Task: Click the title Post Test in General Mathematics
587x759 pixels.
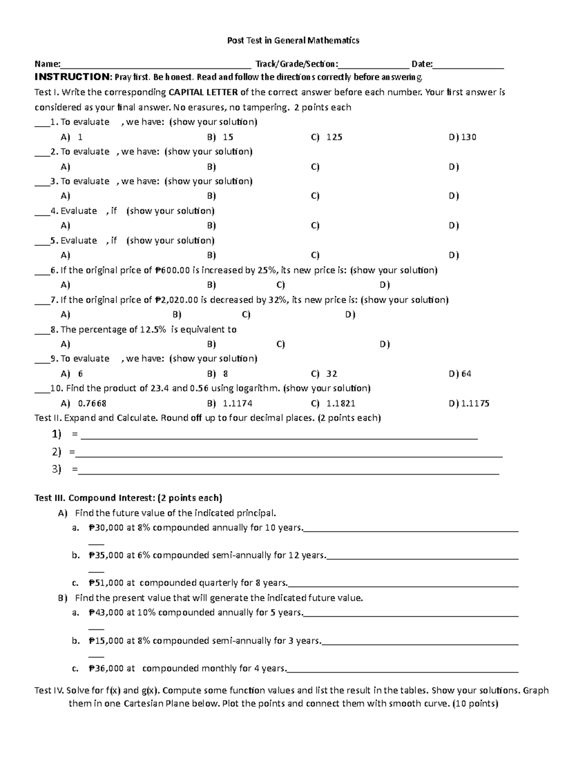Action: pos(293,41)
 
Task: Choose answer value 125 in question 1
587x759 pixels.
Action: pos(334,137)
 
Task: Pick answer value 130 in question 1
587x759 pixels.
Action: pos(468,137)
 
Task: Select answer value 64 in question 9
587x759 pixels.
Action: pos(466,374)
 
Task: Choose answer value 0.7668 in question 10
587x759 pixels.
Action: pos(92,404)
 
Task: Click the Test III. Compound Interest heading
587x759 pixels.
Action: pos(128,498)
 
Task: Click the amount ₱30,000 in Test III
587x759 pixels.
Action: pos(106,528)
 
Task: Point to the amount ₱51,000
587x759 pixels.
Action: pos(106,583)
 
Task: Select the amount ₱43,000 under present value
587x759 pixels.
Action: pos(106,612)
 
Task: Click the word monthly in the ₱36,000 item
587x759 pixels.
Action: pos(221,668)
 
